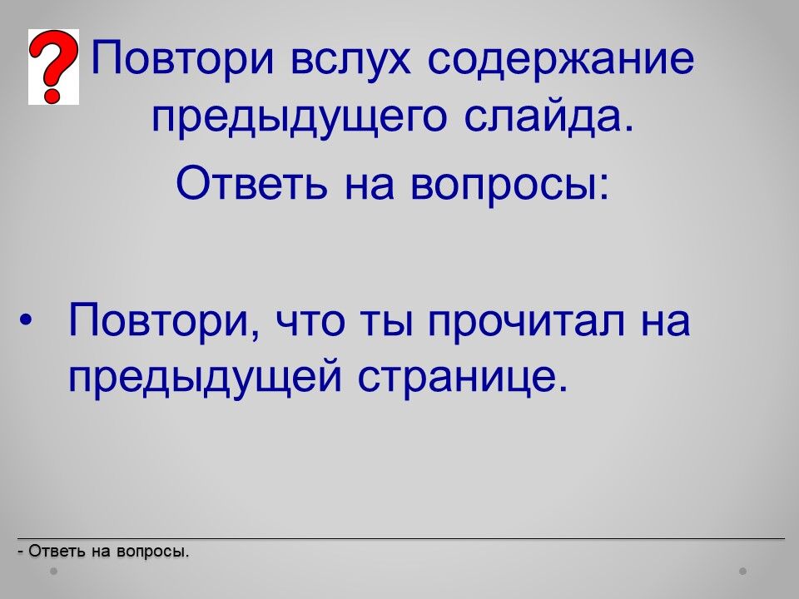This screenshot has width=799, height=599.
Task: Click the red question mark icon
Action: [53, 67]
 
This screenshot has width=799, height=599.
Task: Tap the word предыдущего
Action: [299, 118]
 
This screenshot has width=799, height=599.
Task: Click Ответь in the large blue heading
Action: [251, 182]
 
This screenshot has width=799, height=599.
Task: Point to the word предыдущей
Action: [205, 378]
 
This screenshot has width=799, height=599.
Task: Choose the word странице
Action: [462, 379]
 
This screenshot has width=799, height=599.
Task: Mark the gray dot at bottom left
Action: [53, 571]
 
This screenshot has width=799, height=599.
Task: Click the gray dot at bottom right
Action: [743, 571]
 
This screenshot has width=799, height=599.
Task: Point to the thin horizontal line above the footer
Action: [401, 538]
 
